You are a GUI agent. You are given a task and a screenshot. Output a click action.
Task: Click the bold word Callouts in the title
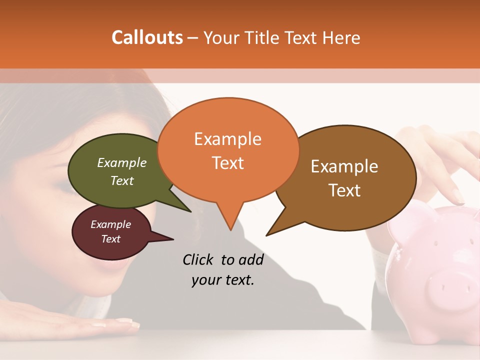click(147, 37)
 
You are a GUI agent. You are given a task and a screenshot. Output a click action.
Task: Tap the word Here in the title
click(341, 38)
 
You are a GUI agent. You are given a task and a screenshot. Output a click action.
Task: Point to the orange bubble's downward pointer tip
click(230, 230)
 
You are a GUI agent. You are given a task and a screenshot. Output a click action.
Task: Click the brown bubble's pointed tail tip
click(266, 235)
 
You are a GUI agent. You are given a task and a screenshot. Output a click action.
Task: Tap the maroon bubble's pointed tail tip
click(173, 239)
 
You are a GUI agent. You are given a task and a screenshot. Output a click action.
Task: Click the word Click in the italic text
click(199, 260)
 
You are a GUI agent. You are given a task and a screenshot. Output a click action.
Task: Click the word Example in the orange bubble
click(227, 139)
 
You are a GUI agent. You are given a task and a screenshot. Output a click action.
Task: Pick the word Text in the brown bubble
click(344, 190)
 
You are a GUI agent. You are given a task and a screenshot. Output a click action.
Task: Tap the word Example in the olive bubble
click(121, 163)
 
